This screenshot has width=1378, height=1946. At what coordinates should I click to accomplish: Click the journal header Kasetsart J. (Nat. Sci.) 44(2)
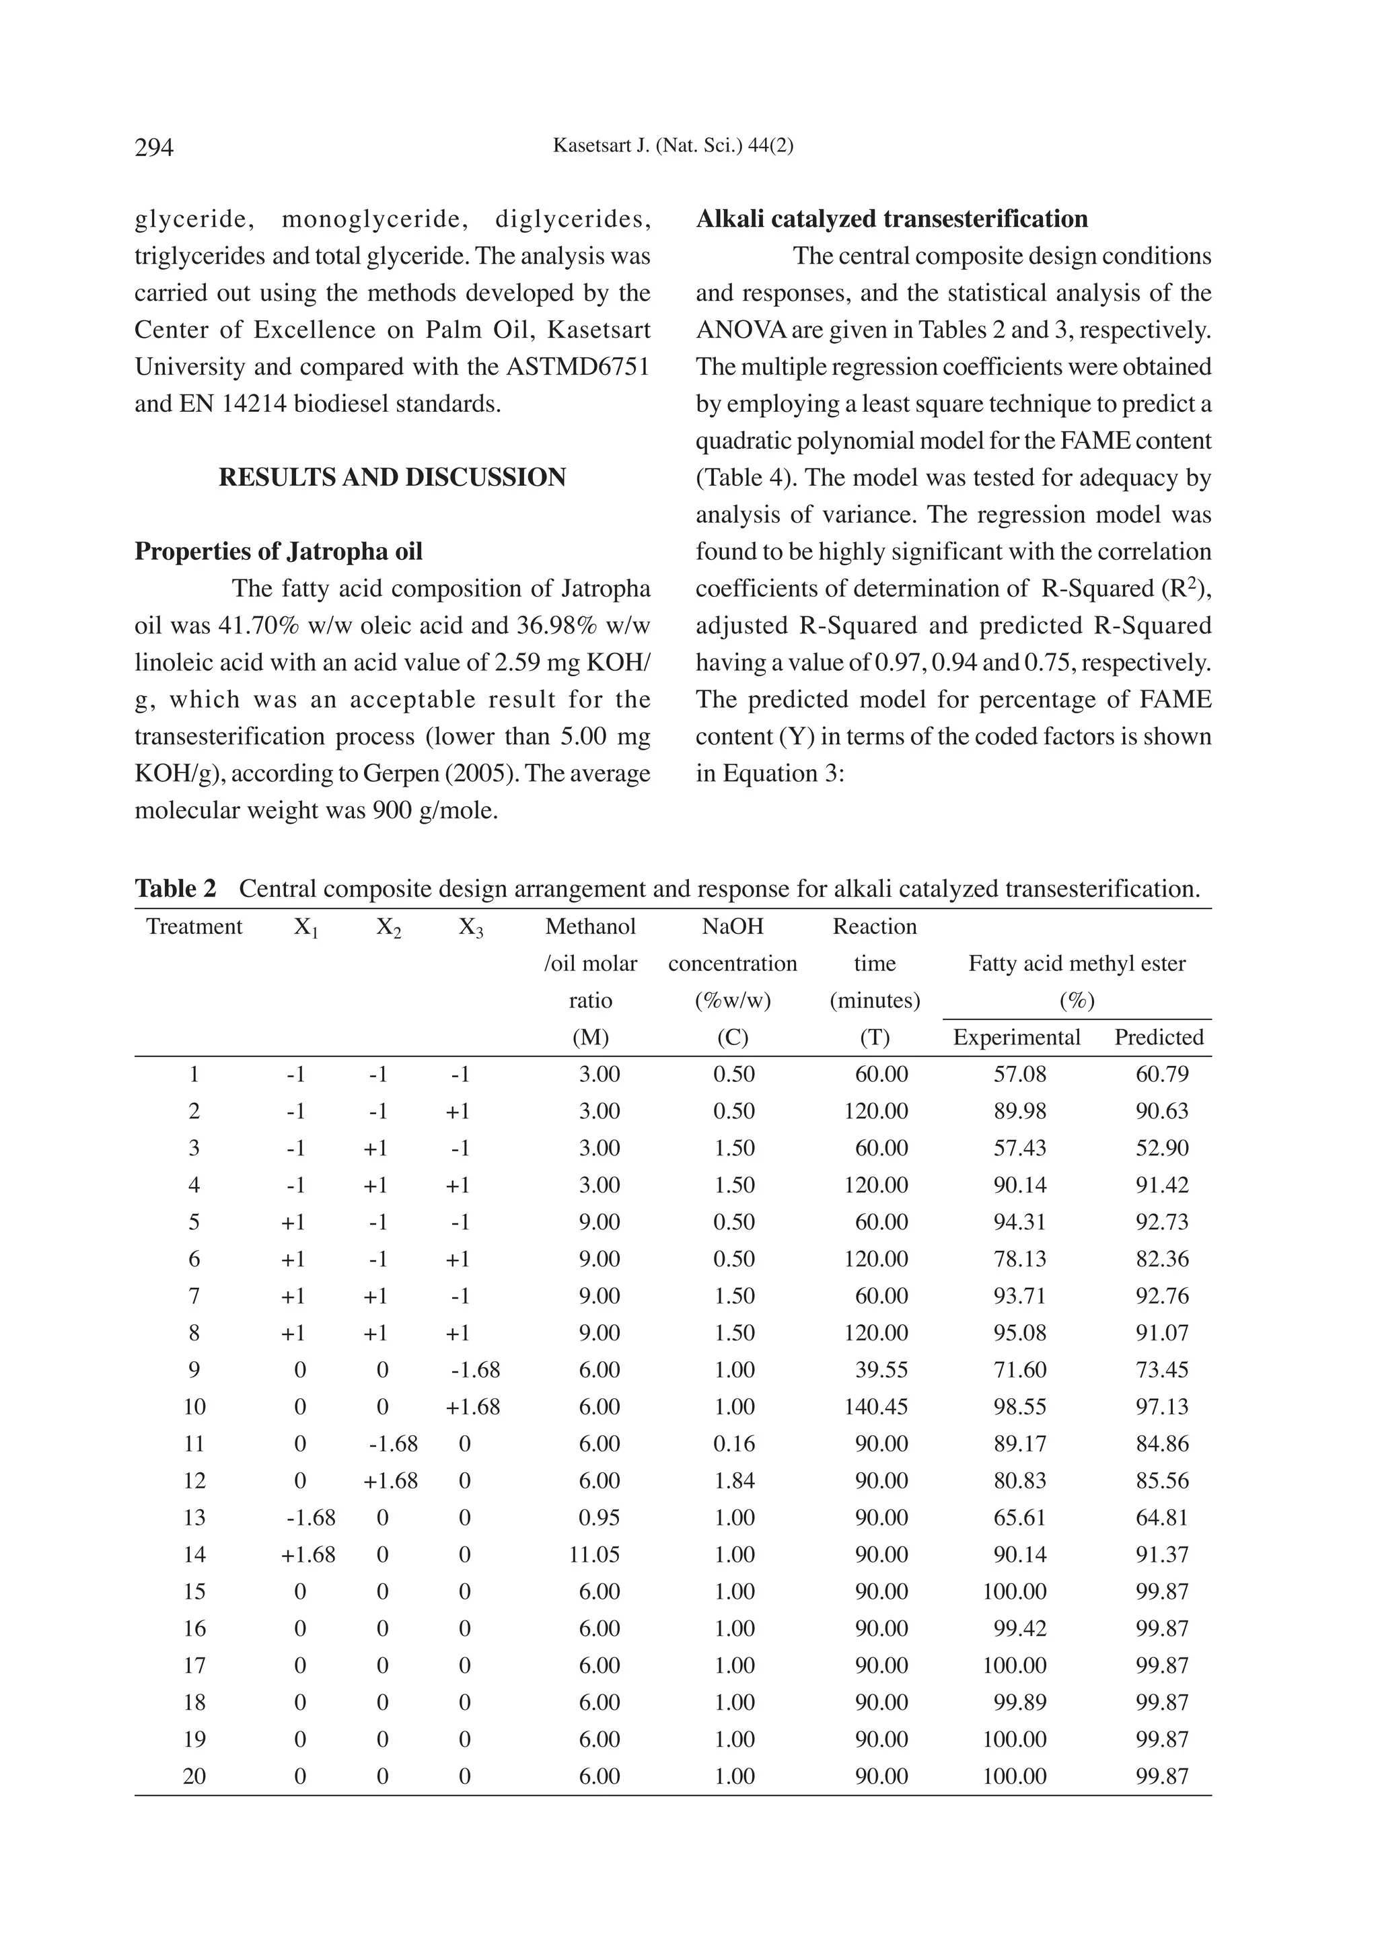point(673,146)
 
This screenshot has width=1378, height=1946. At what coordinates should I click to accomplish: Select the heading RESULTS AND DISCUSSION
point(392,478)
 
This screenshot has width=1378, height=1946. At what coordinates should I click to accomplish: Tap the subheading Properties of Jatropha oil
point(279,552)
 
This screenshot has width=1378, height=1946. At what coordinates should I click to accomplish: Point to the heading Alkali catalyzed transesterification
point(892,219)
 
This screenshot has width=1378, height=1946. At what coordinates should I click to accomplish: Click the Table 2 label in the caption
point(176,889)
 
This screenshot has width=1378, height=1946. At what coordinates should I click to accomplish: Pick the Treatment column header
point(194,926)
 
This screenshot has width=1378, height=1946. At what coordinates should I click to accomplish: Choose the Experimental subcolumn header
point(1017,1037)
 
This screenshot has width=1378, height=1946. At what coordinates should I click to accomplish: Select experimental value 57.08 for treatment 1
point(1020,1075)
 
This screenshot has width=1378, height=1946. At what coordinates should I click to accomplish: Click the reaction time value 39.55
point(881,1370)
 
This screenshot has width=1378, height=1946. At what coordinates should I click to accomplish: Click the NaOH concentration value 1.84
point(734,1481)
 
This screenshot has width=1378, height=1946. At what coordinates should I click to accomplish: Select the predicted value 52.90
point(1161,1148)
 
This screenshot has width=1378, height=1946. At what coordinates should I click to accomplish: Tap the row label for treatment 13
point(194,1517)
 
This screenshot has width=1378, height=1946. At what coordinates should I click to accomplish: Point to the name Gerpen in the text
point(397,773)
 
